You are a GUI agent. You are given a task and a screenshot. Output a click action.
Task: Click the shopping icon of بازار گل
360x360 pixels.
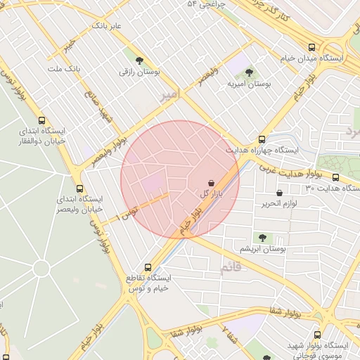point(212,182)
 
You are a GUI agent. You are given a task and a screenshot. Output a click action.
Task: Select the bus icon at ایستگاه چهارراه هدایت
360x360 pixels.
point(262,139)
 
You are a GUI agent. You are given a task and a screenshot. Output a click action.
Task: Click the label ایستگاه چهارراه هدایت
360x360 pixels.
point(262,150)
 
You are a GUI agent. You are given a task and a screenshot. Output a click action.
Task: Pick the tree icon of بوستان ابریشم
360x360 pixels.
point(262,238)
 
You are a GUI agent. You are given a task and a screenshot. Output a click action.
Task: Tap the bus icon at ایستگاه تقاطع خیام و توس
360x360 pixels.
point(148,267)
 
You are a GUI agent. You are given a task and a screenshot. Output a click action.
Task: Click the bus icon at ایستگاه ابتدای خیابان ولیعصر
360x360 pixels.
point(79,188)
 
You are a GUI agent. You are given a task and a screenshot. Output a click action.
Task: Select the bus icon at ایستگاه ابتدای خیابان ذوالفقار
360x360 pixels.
point(42,120)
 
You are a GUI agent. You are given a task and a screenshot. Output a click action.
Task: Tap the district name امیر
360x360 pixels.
point(169,94)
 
